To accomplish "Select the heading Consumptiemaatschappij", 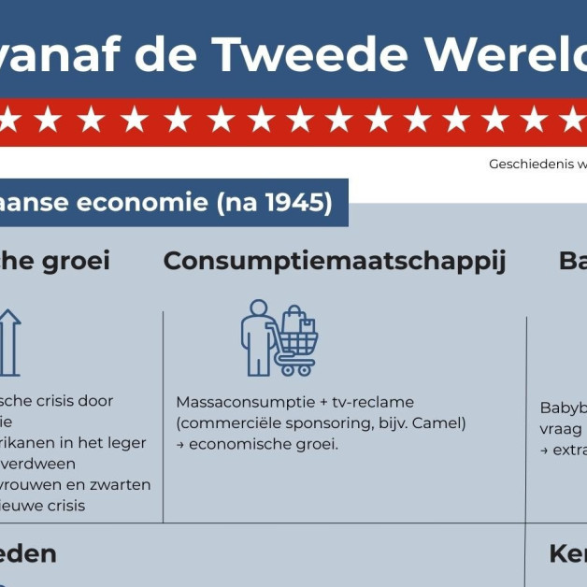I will click(335, 261).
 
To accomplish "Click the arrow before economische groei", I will click(180, 444).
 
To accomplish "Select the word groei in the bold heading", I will click(76, 261).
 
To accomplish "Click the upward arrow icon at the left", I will click(8, 342).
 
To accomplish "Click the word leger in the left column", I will click(127, 442).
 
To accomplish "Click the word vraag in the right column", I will click(560, 428).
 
